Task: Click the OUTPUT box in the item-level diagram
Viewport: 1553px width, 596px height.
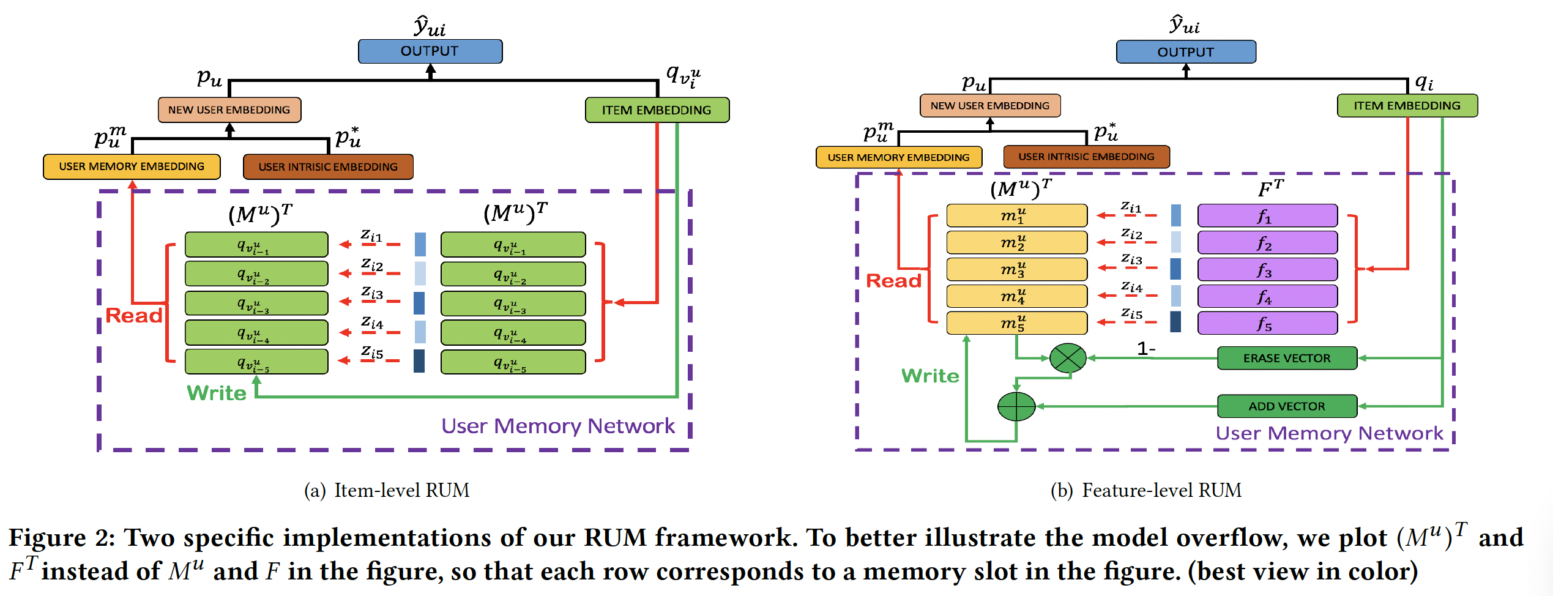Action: point(430,51)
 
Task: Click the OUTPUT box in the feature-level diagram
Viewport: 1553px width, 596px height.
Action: point(1185,52)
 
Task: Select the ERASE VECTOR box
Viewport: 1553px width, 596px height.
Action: point(1287,358)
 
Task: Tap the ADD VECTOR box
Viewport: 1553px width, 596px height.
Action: point(1287,406)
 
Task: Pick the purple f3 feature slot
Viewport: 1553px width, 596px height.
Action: point(1267,269)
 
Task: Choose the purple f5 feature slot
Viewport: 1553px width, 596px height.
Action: point(1267,323)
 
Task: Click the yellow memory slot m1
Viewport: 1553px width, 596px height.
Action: point(1016,215)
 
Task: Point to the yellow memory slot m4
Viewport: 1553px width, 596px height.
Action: point(1016,296)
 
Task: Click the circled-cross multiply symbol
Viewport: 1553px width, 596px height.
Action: point(1068,358)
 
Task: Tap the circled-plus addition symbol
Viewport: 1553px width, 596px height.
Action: point(1016,406)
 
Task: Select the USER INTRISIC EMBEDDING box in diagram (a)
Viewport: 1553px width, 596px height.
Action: point(328,166)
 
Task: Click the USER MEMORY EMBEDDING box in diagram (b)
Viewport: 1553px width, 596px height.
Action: point(898,157)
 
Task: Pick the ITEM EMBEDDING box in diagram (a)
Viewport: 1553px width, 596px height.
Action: point(657,110)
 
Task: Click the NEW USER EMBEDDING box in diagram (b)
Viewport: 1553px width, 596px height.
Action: point(989,105)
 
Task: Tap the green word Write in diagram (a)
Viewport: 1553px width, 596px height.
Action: point(217,393)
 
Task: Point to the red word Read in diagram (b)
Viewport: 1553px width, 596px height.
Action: point(894,281)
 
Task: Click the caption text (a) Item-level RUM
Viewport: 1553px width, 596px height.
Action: point(387,490)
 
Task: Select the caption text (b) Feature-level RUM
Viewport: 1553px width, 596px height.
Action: point(1145,490)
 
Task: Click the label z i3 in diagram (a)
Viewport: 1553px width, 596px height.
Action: point(372,293)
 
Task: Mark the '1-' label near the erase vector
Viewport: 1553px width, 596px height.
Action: point(1145,349)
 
